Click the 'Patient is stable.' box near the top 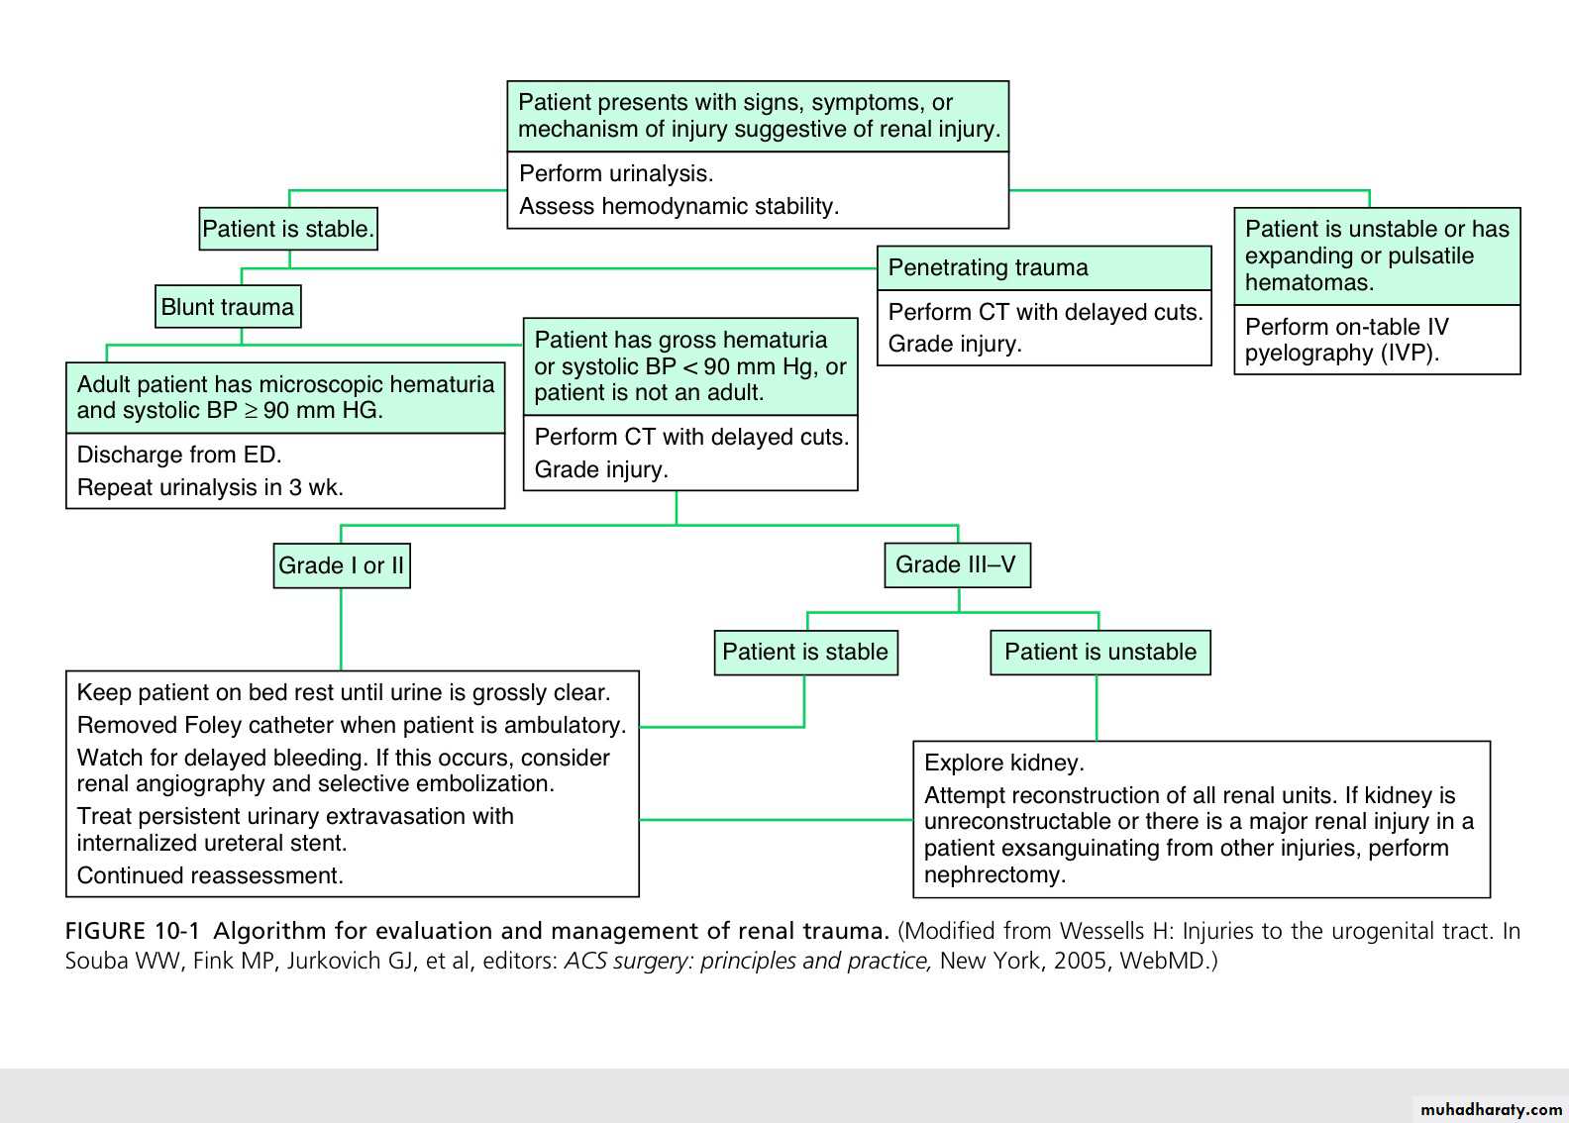[x=288, y=229]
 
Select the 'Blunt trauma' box [x=228, y=307]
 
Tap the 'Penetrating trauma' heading [x=988, y=267]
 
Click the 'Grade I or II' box [x=342, y=565]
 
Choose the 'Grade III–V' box [x=957, y=564]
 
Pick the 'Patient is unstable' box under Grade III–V [x=1100, y=652]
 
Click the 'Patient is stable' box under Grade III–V [x=805, y=652]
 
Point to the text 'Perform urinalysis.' [x=616, y=173]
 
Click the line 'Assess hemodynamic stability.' [x=679, y=206]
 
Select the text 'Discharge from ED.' [x=179, y=455]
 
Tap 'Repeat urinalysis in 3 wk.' [x=210, y=487]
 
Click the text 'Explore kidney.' [x=1004, y=763]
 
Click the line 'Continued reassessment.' [x=210, y=875]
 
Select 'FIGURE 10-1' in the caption [x=133, y=931]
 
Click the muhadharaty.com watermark [x=1491, y=1109]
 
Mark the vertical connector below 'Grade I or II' [x=341, y=629]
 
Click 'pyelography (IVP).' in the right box [x=1342, y=354]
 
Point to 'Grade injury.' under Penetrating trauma [x=955, y=344]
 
